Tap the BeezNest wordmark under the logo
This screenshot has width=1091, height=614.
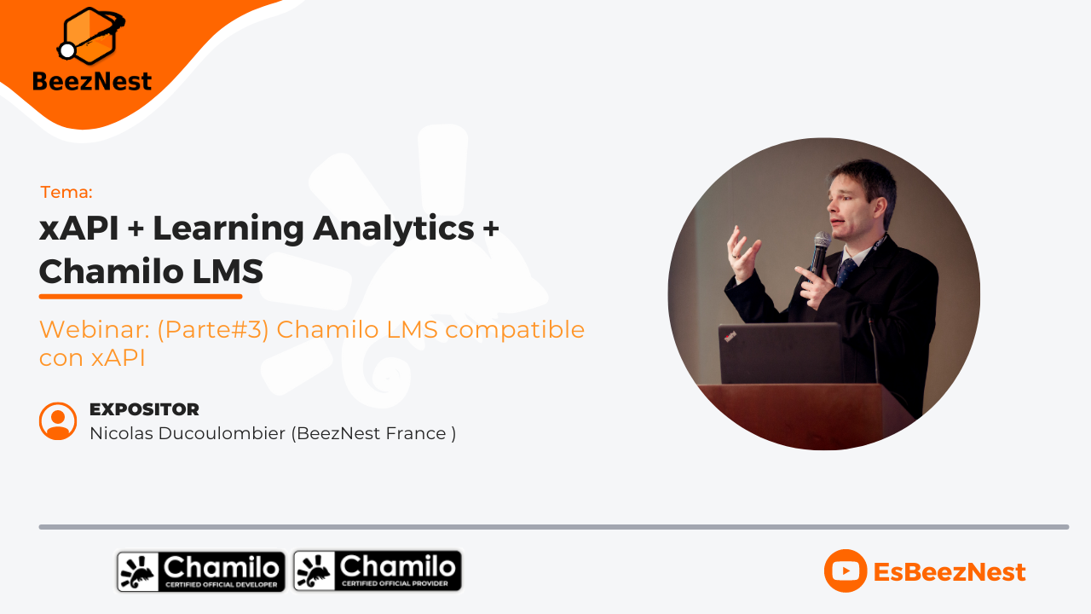(x=92, y=82)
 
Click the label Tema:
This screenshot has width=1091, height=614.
(x=66, y=192)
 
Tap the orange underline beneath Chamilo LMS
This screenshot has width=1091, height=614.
(x=141, y=297)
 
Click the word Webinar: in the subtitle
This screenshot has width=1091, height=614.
(x=94, y=330)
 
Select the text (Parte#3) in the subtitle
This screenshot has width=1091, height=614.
(x=212, y=330)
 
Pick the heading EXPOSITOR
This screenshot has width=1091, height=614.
(x=144, y=409)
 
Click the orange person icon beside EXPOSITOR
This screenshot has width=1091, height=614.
(x=58, y=420)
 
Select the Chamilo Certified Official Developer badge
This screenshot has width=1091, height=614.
(x=201, y=571)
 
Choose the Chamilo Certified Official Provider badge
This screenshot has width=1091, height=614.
(x=378, y=571)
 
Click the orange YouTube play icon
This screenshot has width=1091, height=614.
(x=845, y=571)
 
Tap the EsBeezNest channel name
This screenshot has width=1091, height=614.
(x=950, y=571)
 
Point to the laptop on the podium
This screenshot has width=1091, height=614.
(x=781, y=354)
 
